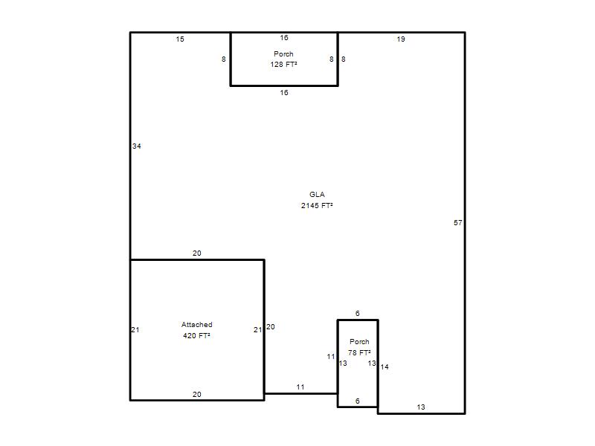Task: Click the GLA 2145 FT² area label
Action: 317,200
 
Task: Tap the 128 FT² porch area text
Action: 283,65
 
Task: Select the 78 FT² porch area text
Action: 359,352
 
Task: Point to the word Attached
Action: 196,325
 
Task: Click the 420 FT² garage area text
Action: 196,336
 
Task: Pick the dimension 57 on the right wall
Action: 458,222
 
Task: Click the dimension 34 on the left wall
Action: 137,146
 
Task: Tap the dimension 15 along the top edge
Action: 180,39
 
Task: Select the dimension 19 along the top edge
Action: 401,39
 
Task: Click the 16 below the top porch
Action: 284,92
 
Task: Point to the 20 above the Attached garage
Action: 196,253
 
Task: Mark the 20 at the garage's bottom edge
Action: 196,395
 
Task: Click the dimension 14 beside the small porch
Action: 385,366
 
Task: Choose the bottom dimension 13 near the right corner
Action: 421,407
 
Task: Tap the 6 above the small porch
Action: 358,313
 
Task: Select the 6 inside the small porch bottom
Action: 358,401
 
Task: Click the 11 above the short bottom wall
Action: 300,387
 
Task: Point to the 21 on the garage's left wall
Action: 135,329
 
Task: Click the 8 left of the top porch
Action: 224,59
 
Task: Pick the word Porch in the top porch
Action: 283,54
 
